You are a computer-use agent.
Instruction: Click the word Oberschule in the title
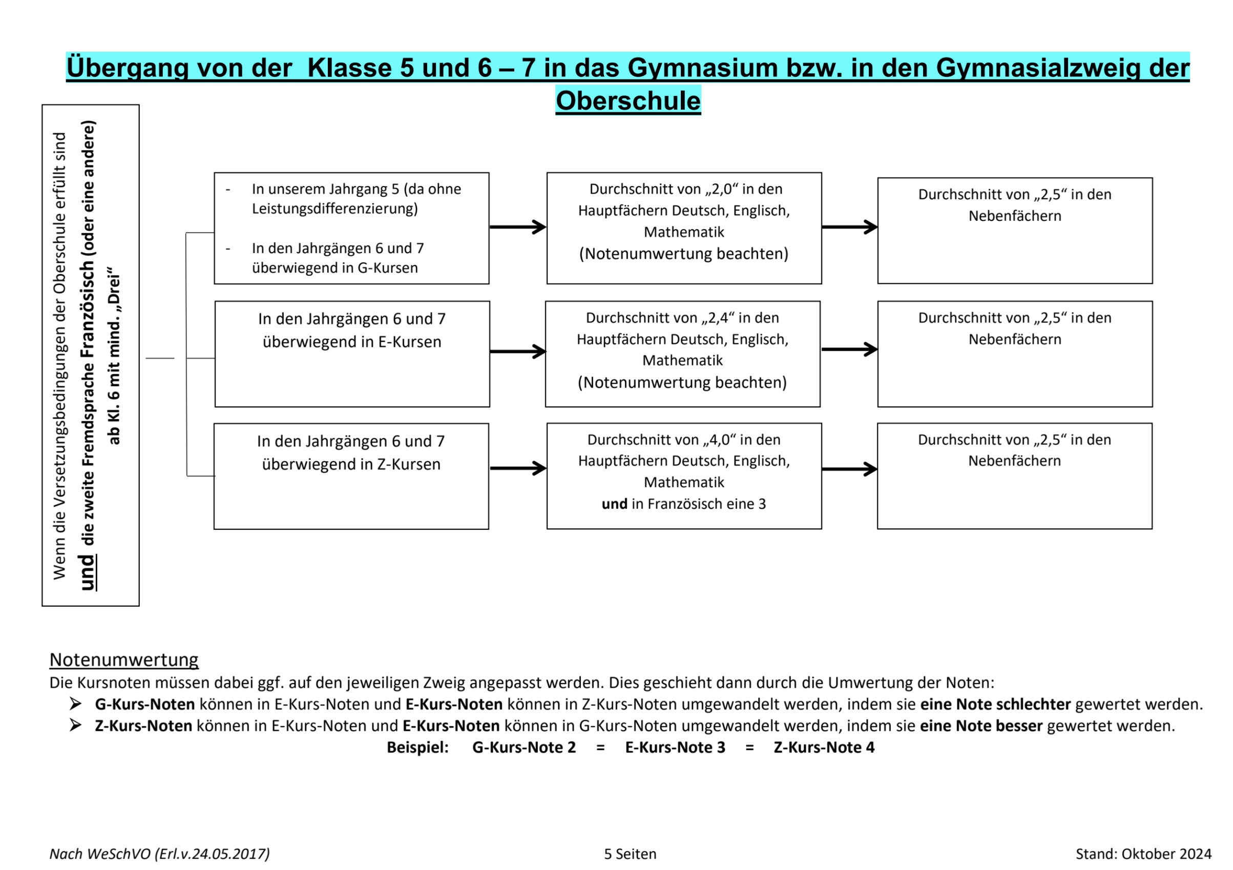(x=628, y=101)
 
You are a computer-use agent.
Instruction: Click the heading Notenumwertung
(x=124, y=659)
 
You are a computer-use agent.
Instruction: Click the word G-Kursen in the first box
(x=387, y=268)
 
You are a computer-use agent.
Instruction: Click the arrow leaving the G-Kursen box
(x=517, y=227)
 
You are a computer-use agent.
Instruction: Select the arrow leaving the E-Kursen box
(x=517, y=352)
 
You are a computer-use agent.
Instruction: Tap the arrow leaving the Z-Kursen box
(x=517, y=468)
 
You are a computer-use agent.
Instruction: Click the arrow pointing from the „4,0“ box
(x=849, y=469)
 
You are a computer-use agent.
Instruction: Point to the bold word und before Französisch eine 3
(x=614, y=504)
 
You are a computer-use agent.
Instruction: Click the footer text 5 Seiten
(x=630, y=854)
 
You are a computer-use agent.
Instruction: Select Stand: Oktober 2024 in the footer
(x=1143, y=854)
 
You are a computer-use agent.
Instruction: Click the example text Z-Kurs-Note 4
(x=824, y=748)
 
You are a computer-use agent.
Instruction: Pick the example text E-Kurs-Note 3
(x=675, y=748)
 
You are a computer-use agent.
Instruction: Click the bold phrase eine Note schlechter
(x=995, y=705)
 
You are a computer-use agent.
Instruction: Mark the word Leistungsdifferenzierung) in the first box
(x=335, y=209)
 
